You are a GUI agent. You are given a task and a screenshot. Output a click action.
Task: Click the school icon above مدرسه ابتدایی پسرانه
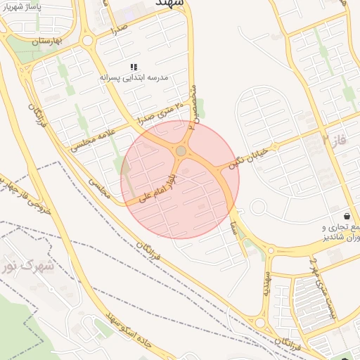point(134,67)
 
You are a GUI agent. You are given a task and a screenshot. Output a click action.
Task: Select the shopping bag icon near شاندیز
point(347,215)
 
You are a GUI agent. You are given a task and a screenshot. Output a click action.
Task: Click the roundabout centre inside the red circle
point(181,150)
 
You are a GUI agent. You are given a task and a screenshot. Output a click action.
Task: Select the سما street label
point(232,226)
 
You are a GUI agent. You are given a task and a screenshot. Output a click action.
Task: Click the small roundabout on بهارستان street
point(87,41)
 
